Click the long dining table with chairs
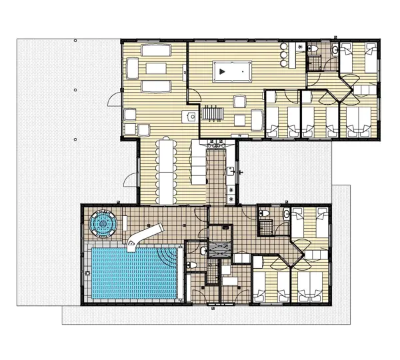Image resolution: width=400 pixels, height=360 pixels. pyautogui.click(x=166, y=170)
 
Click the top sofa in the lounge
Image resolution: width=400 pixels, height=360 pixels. pyautogui.click(x=155, y=50)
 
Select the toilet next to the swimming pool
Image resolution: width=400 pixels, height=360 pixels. pyautogui.click(x=202, y=252)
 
